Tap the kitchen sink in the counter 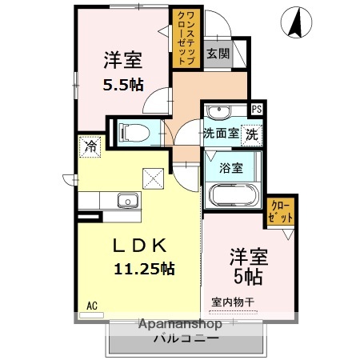click(x=126, y=199)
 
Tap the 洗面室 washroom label click(x=220, y=134)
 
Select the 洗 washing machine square click(x=252, y=134)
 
